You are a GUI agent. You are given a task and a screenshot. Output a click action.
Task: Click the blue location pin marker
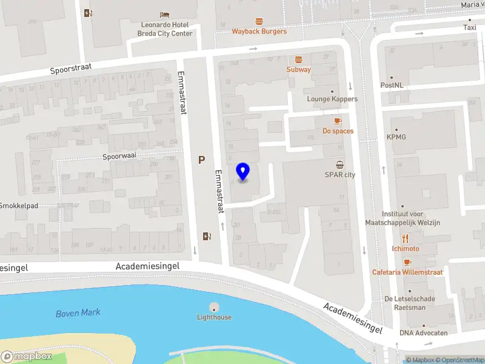point(242,172)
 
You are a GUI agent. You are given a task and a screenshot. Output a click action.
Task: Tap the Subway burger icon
point(298,59)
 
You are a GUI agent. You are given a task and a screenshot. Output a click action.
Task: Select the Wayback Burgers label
point(259,31)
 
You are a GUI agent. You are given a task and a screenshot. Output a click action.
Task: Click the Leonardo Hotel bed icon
point(164,15)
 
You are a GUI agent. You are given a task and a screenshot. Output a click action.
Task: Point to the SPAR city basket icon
point(339,165)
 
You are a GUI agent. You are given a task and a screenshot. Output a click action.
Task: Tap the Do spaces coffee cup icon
point(338,121)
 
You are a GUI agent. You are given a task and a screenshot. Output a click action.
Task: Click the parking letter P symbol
point(201,160)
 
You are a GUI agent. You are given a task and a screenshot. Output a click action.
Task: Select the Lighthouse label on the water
point(214,317)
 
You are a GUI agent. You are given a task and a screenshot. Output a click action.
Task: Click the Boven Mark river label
point(78,313)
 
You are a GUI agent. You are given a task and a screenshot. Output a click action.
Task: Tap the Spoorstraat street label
point(72,70)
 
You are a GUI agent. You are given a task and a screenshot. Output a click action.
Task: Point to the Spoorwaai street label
point(119,156)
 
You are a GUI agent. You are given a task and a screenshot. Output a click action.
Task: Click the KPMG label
point(396,137)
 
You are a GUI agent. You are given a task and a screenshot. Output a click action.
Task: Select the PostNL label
point(392,86)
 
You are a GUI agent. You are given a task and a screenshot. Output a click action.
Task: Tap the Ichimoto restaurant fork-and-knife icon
point(405,238)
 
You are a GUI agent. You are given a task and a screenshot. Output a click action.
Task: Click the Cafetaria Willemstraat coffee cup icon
point(407,262)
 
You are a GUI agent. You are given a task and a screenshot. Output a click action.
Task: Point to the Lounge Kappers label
point(332,99)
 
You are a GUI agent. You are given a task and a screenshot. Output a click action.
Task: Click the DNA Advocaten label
point(423,332)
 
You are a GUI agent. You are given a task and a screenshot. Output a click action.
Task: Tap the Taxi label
point(469,27)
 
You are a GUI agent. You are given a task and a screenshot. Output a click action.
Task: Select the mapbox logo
point(27,357)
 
